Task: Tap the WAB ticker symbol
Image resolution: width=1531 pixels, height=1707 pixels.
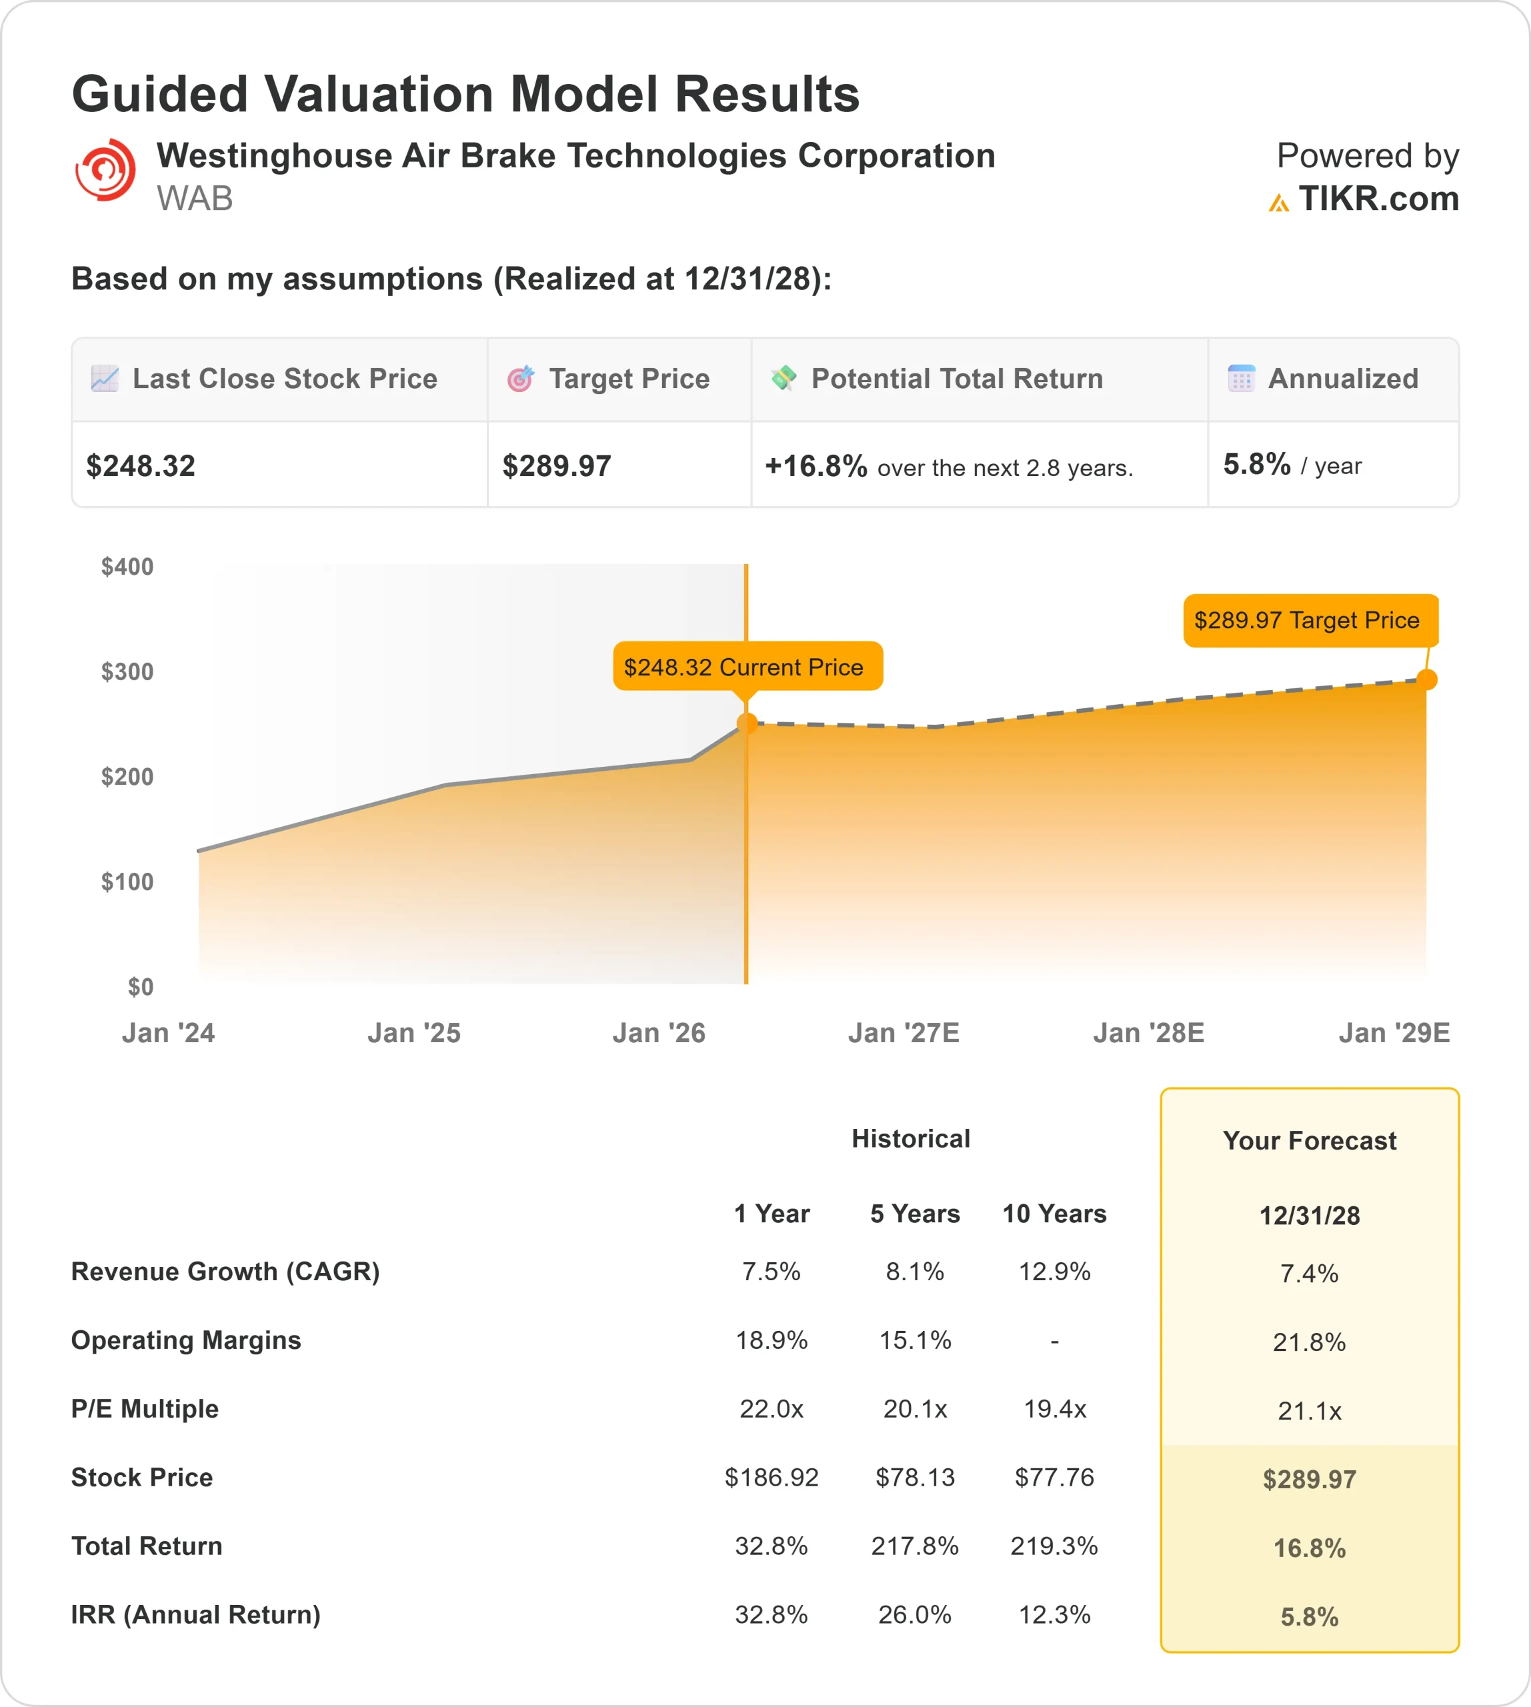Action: [x=194, y=199]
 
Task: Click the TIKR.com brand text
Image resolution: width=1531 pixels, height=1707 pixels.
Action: [x=1378, y=199]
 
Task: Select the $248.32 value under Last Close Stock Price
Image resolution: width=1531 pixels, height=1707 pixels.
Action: [x=141, y=465]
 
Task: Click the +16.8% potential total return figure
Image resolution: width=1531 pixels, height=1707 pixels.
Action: [x=815, y=465]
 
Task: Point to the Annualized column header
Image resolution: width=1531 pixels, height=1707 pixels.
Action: [x=1342, y=379]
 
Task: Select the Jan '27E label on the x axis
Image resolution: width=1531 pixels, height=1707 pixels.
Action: [x=904, y=1032]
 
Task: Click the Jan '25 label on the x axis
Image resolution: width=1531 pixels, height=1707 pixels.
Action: [x=414, y=1032]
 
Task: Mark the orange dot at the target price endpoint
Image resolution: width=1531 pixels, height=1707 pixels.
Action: [x=1426, y=679]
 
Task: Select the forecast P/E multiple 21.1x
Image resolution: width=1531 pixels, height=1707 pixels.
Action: [x=1309, y=1411]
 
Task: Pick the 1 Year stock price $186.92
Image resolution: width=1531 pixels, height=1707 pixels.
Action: [x=772, y=1478]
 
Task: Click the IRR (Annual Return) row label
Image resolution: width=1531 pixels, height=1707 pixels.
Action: [x=196, y=1614]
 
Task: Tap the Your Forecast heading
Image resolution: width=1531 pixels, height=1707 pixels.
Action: [x=1309, y=1141]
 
